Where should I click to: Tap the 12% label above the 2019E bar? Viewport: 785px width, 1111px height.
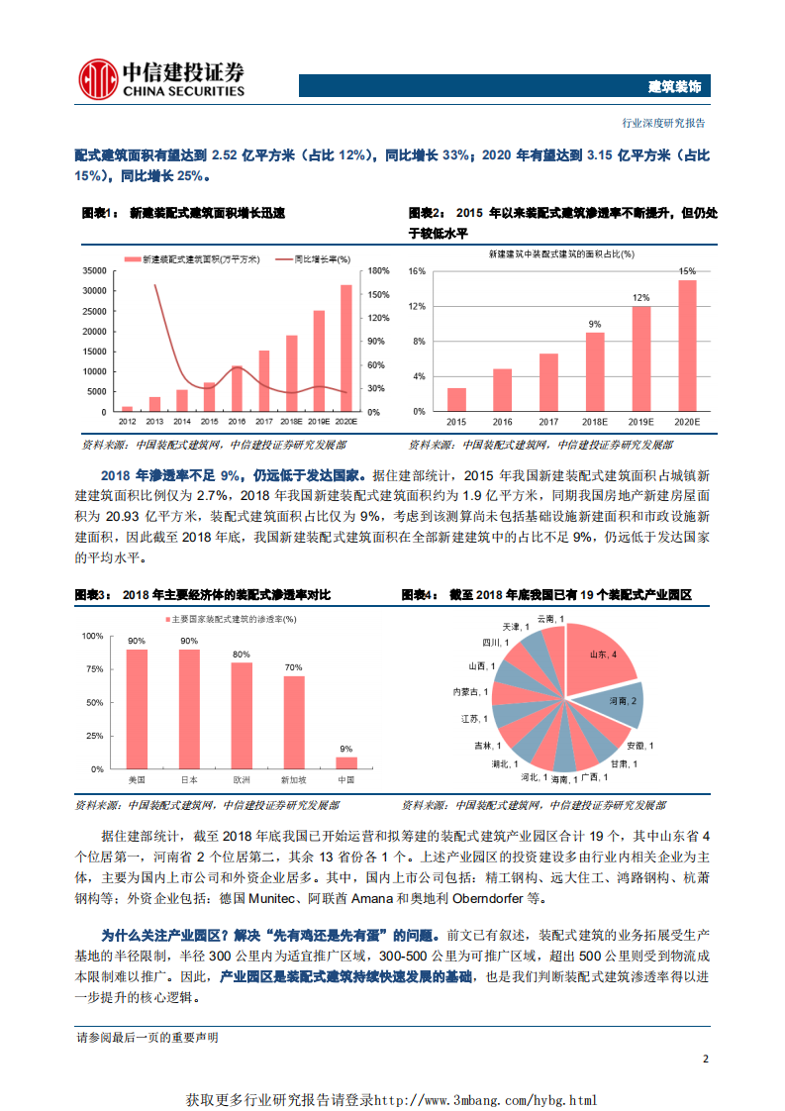641,297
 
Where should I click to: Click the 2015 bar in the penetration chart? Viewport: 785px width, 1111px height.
456,399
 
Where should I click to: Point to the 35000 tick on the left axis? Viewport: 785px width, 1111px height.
95,270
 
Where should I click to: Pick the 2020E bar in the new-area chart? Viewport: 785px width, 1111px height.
346,348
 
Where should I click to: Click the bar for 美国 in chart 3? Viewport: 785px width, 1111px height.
137,709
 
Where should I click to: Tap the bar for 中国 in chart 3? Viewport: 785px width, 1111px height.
345,762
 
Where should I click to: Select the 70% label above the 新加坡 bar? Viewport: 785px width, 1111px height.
293,667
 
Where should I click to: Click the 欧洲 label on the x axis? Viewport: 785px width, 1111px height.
241,780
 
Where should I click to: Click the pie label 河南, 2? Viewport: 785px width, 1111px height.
621,701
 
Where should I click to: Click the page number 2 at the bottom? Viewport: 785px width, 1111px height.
705,1059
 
